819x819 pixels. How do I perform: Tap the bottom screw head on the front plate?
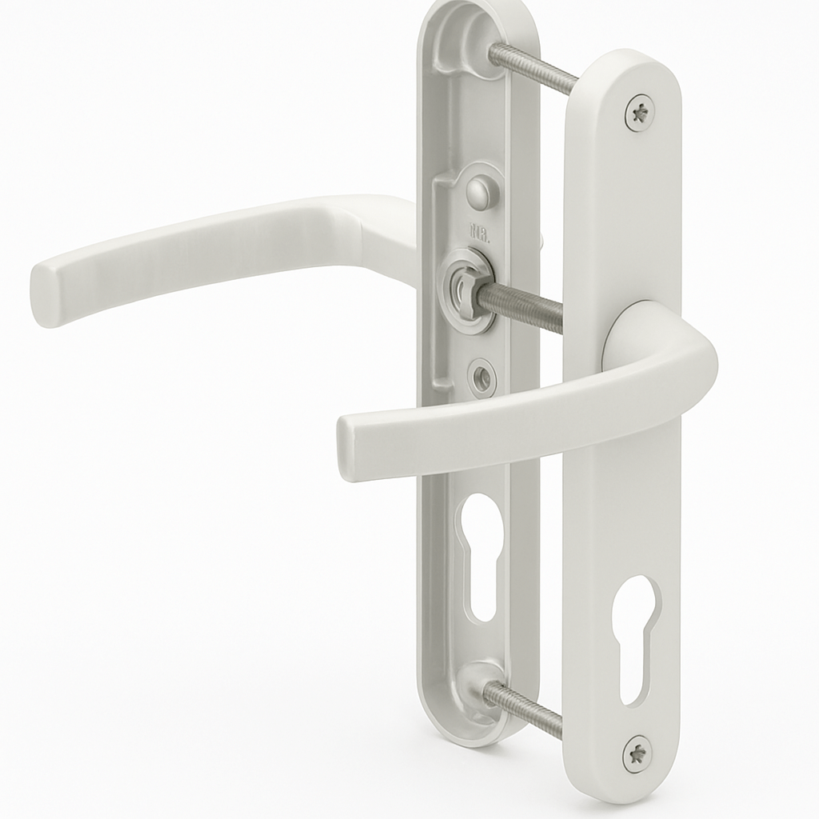pos(637,753)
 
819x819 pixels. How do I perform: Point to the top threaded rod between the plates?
pos(533,69)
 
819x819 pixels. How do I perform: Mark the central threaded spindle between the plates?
pos(521,305)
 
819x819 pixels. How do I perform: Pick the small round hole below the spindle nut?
pos(481,376)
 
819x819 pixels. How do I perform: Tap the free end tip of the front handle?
pos(350,449)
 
